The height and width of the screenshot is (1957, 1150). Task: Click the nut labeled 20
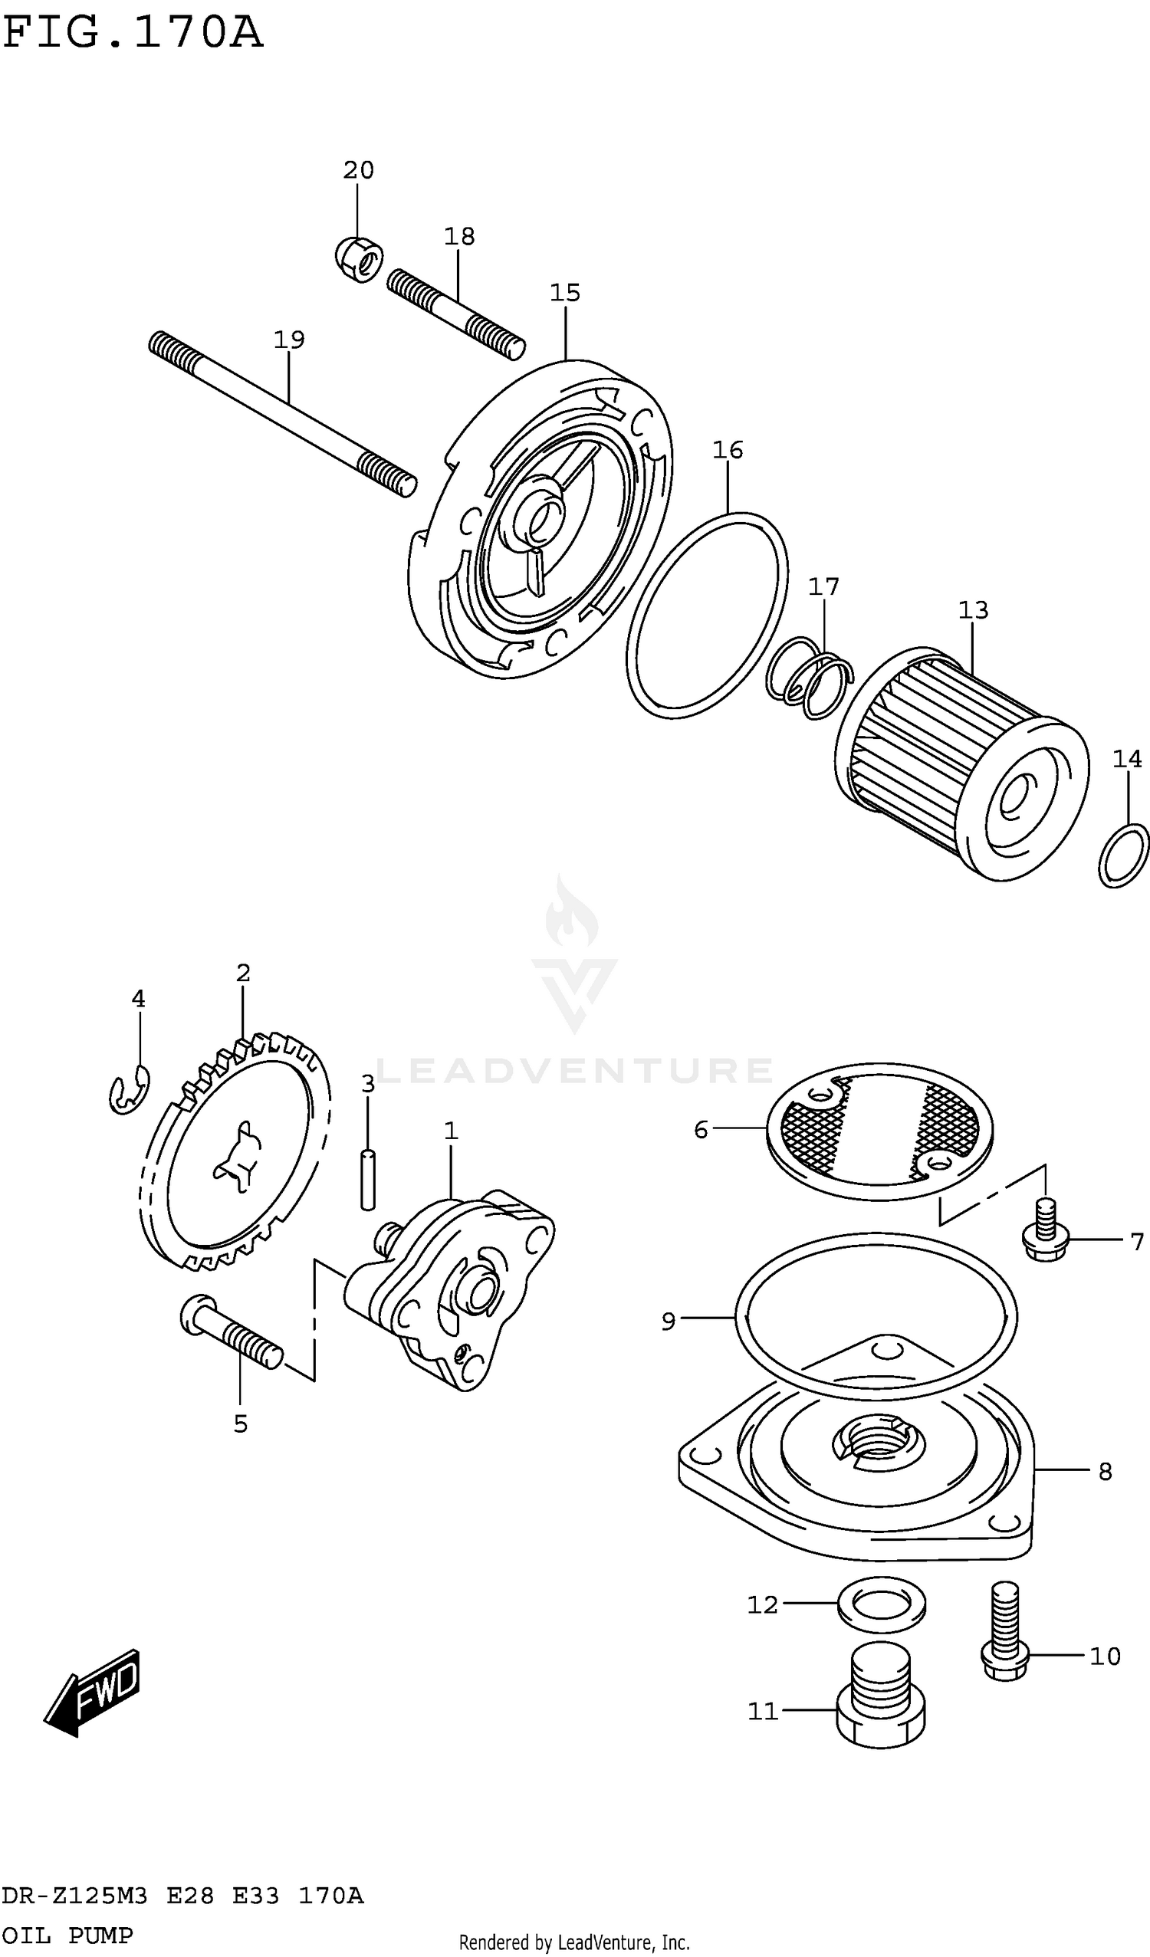tap(359, 258)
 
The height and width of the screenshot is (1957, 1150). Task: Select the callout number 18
tap(459, 236)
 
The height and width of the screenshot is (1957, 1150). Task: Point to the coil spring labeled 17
tap(810, 677)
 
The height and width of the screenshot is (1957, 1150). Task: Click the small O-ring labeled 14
tap(1123, 855)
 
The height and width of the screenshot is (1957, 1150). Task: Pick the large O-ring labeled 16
tap(707, 615)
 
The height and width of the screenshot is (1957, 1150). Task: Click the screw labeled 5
tap(232, 1333)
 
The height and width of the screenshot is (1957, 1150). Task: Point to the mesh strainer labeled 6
tap(879, 1128)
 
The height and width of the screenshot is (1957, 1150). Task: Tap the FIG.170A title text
tap(133, 33)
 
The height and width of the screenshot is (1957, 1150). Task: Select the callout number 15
tap(564, 293)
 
